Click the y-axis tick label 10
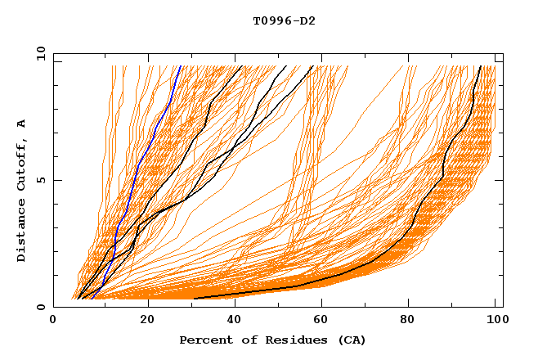point(40,53)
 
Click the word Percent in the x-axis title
point(204,340)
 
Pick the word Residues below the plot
point(291,340)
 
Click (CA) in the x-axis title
point(349,340)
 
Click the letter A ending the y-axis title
point(22,124)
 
